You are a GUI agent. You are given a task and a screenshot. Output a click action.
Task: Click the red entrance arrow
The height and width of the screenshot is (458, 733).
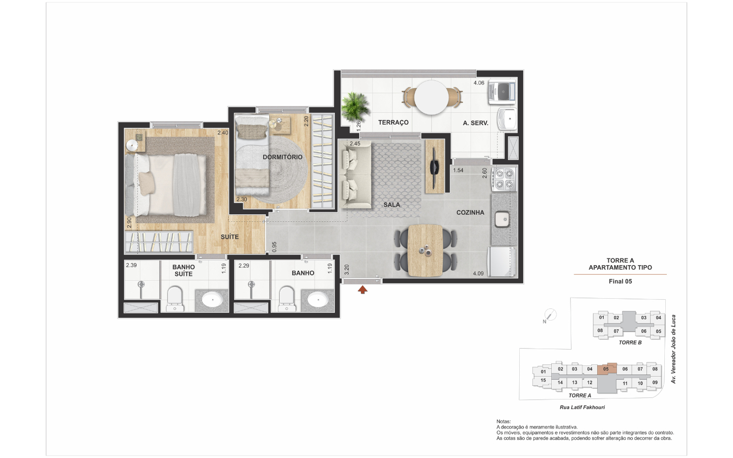coord(362,290)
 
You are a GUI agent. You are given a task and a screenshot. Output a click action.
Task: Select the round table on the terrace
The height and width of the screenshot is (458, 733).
coord(431,98)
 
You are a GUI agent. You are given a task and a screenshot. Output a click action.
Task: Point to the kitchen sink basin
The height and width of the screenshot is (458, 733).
coord(502,219)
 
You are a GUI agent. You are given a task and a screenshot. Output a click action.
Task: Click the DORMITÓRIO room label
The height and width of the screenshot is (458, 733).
coord(283,157)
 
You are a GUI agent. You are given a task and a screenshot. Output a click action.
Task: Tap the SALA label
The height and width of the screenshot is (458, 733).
coord(392,205)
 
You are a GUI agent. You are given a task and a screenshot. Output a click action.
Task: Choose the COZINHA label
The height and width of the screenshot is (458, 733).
coord(470,213)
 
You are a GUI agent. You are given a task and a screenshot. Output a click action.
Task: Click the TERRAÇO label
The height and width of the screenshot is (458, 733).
coord(393,122)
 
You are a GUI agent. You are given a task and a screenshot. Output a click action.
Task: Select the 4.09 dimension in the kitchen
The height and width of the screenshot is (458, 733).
coord(478,273)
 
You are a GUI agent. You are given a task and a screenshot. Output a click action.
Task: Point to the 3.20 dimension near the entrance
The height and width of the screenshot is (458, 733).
coord(347,270)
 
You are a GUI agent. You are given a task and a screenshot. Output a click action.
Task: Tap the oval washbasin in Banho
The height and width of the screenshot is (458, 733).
coord(318,299)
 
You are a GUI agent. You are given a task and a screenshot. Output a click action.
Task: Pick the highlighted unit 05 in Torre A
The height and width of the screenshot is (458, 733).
coord(607,368)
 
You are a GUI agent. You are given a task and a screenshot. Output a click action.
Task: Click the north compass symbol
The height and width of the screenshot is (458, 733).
coord(550,315)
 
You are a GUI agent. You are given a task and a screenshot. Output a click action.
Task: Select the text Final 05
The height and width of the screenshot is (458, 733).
coord(620,281)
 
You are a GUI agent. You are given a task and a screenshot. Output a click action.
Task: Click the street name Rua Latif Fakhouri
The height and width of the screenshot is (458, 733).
coord(582,407)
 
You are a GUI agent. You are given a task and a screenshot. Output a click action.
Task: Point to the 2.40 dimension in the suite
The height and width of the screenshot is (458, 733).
coord(222,133)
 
